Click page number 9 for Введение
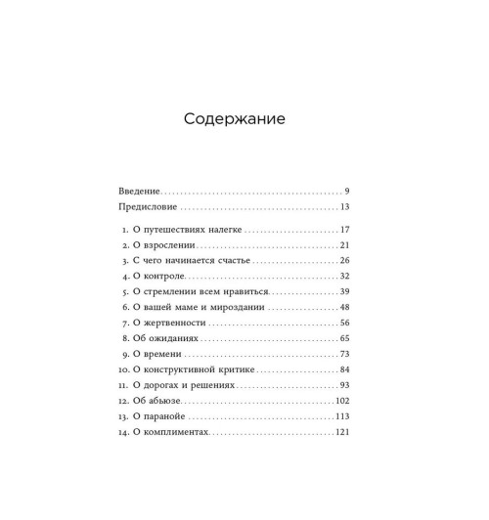[347, 190]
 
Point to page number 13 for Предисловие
[345, 208]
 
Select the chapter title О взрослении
[164, 245]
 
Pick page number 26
[344, 261]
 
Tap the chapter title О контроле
[159, 277]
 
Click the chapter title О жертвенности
[169, 324]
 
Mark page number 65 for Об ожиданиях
[344, 339]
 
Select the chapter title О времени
[157, 355]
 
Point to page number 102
[342, 402]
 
